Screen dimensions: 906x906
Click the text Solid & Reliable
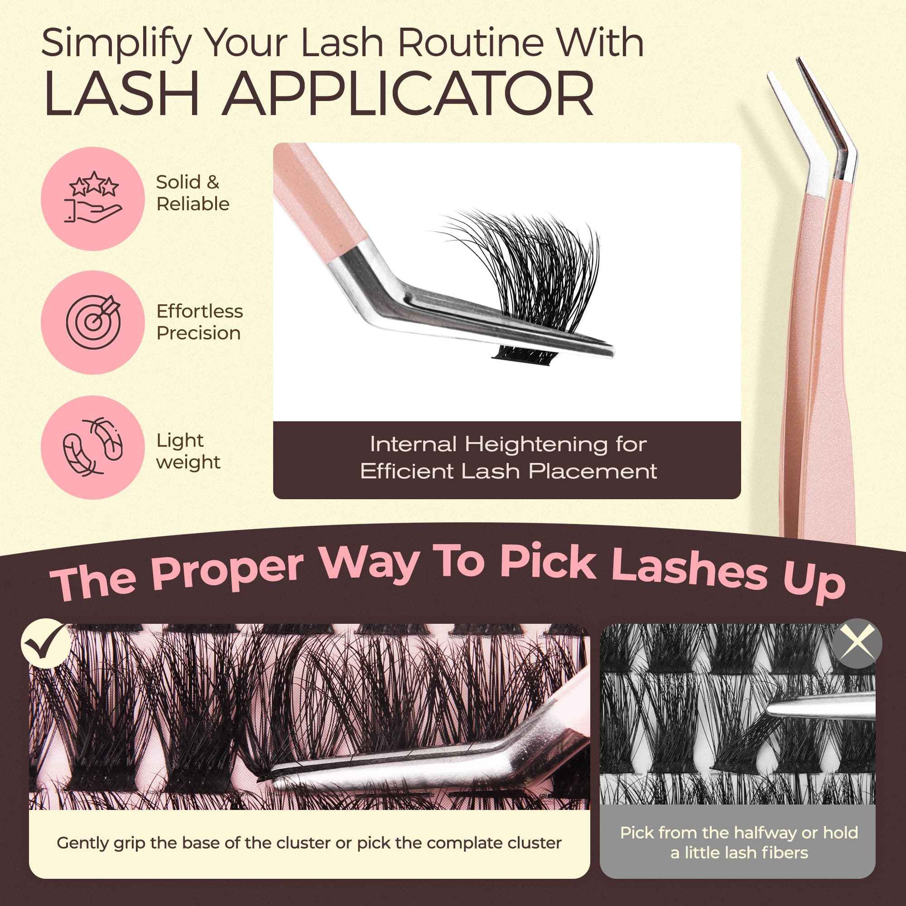193,193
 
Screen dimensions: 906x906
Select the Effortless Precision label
199,322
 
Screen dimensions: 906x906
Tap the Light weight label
188,451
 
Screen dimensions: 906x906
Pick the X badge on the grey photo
857,643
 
